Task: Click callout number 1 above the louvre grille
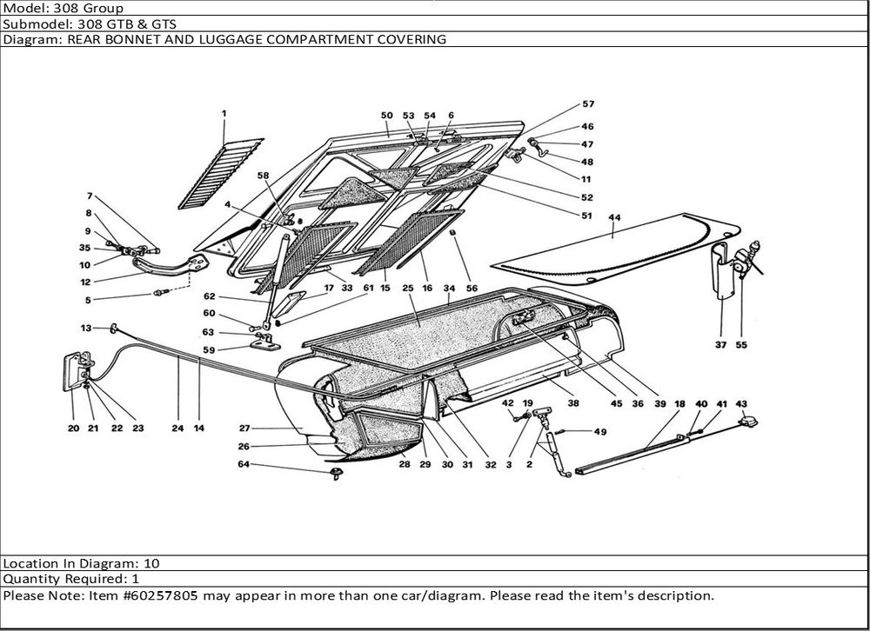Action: point(224,113)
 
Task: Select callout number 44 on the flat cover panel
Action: point(614,217)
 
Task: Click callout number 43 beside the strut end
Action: point(741,403)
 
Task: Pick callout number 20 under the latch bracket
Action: point(72,428)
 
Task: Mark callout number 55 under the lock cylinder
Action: point(740,344)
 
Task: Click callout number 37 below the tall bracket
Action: point(720,344)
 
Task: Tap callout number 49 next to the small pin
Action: point(599,432)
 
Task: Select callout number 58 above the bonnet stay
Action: point(264,176)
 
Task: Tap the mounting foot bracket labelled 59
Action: point(265,343)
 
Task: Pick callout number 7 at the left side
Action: point(89,196)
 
